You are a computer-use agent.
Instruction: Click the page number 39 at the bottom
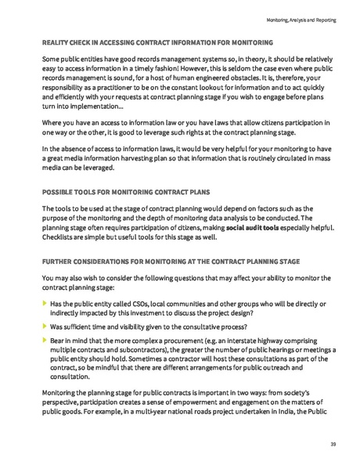click(x=333, y=444)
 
